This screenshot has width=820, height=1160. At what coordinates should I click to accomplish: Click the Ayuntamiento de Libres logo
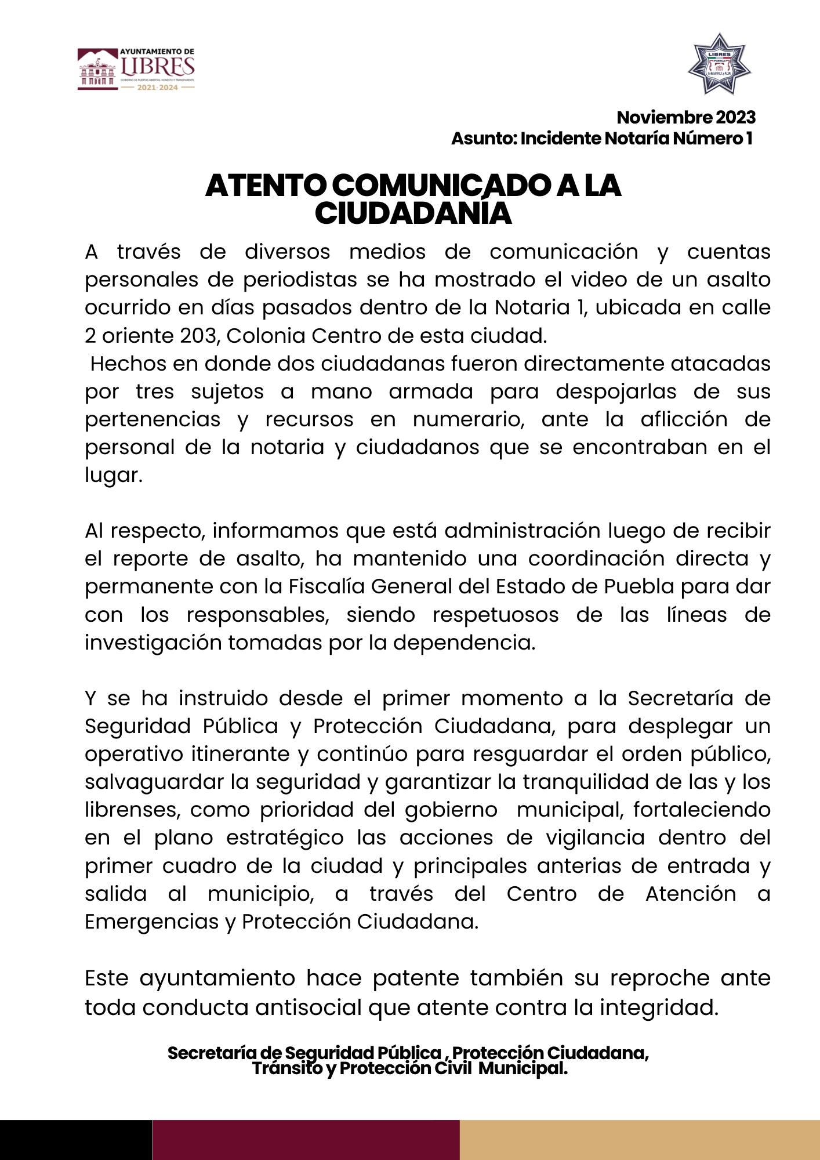tap(136, 69)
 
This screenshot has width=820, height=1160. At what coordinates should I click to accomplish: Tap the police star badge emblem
tap(719, 64)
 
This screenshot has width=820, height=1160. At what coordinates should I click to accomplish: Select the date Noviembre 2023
tap(686, 118)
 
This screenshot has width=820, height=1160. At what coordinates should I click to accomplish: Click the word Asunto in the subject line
tap(482, 139)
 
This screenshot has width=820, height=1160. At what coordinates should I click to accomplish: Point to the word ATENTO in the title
tap(266, 186)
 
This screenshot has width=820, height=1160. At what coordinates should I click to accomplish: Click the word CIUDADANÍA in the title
tap(413, 213)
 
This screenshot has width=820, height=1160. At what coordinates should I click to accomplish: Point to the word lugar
tap(113, 476)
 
